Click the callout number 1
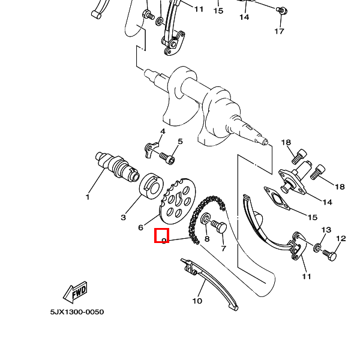(x=88, y=197)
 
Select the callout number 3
(x=124, y=217)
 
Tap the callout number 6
(x=140, y=227)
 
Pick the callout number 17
(x=279, y=31)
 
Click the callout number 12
(x=341, y=239)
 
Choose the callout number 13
(x=326, y=230)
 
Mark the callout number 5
(x=179, y=142)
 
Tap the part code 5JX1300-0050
(x=77, y=313)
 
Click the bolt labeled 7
(x=220, y=227)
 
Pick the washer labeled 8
(x=206, y=220)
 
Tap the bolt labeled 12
(x=329, y=254)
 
